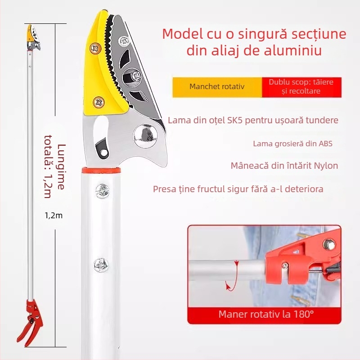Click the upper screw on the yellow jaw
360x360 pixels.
(95, 49)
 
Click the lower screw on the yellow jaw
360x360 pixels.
(99, 102)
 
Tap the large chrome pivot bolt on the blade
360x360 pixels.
(145, 135)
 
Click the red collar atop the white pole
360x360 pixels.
(101, 171)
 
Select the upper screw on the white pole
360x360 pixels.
(102, 191)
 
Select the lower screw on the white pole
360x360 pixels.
(101, 265)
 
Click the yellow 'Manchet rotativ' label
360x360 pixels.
(217, 87)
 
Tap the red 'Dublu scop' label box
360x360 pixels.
(301, 87)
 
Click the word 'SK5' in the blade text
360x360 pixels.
(234, 120)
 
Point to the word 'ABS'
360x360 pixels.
(325, 144)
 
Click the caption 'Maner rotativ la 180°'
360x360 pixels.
(266, 314)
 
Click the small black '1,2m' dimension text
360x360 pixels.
(54, 216)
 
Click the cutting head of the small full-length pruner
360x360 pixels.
(33, 38)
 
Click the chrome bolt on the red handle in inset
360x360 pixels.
(329, 244)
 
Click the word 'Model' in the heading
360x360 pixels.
(183, 34)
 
